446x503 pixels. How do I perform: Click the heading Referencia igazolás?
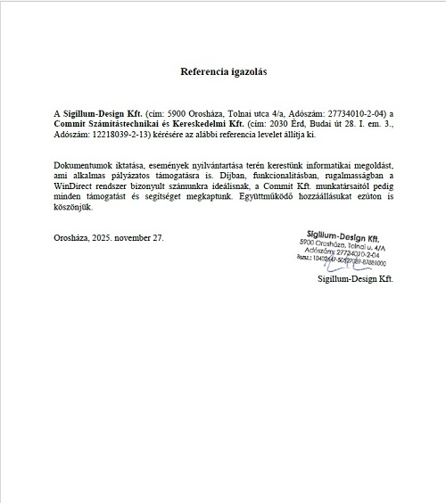pyautogui.click(x=224, y=70)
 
